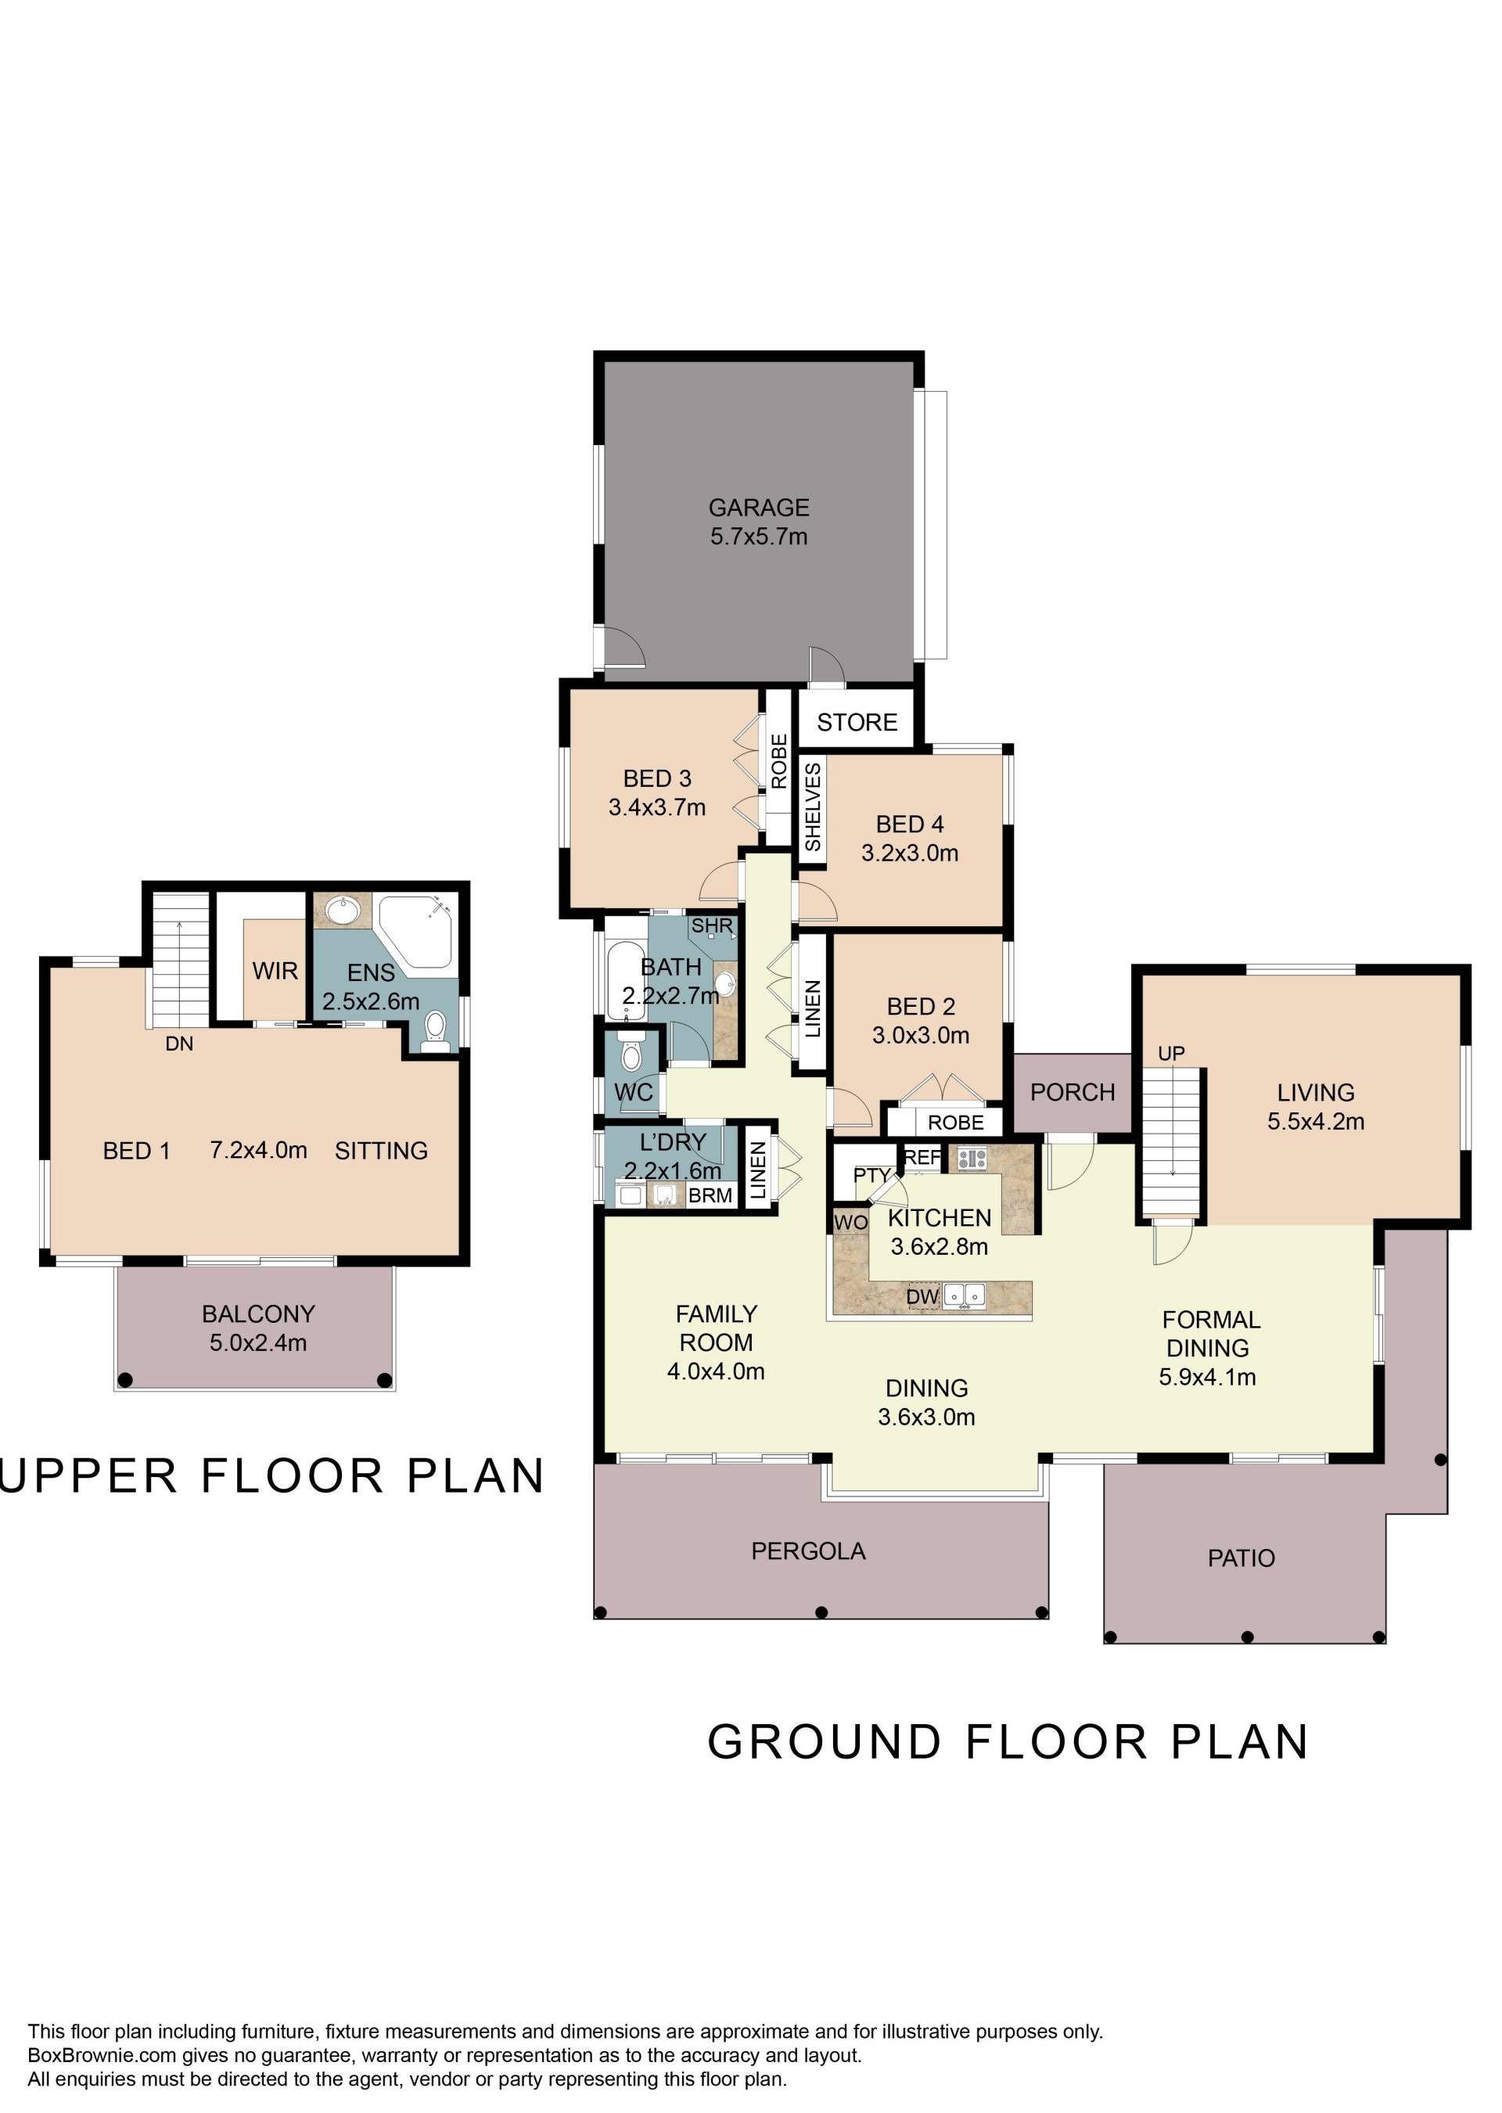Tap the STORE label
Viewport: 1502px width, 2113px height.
857,721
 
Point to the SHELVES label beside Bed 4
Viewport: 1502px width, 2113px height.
812,807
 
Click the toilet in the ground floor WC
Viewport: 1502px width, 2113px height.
631,1055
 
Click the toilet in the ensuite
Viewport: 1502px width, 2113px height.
435,1031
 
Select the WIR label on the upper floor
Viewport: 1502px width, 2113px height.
275,970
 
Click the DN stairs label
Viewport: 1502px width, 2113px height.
179,1043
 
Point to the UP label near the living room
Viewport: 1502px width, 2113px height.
1171,1053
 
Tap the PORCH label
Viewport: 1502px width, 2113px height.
1072,1092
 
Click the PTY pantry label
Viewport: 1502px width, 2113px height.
871,1174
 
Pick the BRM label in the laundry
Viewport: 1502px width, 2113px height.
710,1195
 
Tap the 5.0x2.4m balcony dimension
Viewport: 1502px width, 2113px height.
258,1342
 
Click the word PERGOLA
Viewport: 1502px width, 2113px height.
808,1551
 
